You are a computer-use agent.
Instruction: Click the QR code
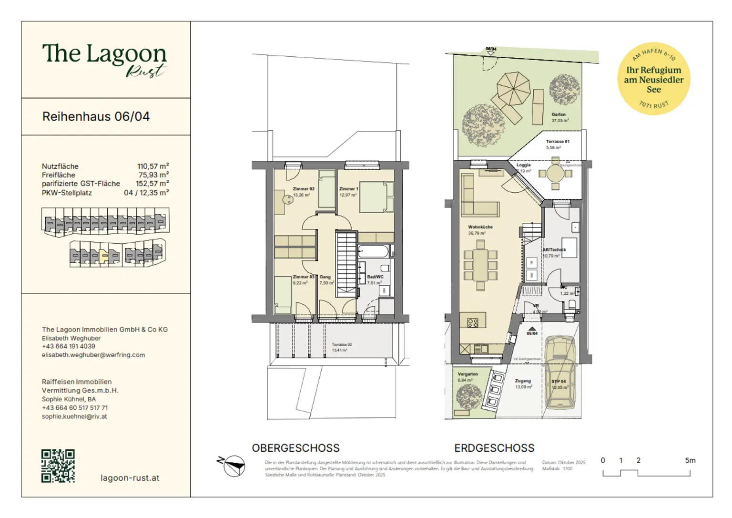[x=58, y=466]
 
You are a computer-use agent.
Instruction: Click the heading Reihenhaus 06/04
[x=96, y=117]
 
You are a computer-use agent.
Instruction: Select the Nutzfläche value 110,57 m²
[x=153, y=166]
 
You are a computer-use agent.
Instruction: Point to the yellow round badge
[x=653, y=79]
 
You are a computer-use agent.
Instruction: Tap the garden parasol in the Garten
[x=513, y=88]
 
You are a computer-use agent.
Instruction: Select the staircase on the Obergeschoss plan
[x=346, y=265]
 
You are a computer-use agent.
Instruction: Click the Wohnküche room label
[x=480, y=227]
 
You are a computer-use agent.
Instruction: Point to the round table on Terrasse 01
[x=555, y=173]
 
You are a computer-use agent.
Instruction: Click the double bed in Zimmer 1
[x=376, y=197]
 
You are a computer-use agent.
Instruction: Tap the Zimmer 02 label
[x=303, y=189]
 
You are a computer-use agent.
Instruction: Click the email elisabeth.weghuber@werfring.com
[x=93, y=355]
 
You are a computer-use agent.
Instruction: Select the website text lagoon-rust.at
[x=130, y=478]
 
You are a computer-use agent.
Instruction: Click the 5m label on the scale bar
[x=690, y=461]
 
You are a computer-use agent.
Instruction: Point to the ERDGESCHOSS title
[x=494, y=448]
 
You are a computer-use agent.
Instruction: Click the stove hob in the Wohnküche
[x=473, y=323]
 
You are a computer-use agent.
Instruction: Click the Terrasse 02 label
[x=342, y=344]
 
